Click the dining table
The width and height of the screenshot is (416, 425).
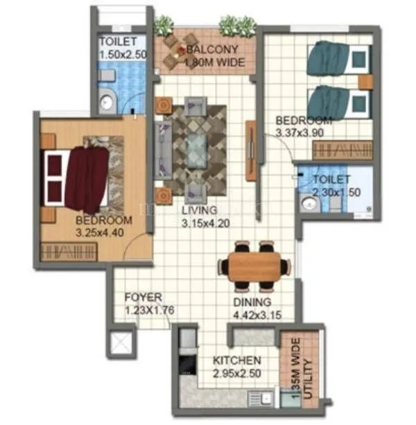point(254,266)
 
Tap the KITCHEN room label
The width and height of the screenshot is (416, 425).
point(236,361)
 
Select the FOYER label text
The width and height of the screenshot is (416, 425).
point(143,297)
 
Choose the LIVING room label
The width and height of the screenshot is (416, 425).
point(199,209)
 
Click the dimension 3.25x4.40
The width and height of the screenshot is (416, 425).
point(101,233)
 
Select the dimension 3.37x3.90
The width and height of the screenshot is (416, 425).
point(304,130)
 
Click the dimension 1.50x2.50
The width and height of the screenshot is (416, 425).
point(123,54)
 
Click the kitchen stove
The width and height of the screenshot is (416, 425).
point(187,363)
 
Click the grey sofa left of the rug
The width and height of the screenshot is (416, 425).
point(164,147)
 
